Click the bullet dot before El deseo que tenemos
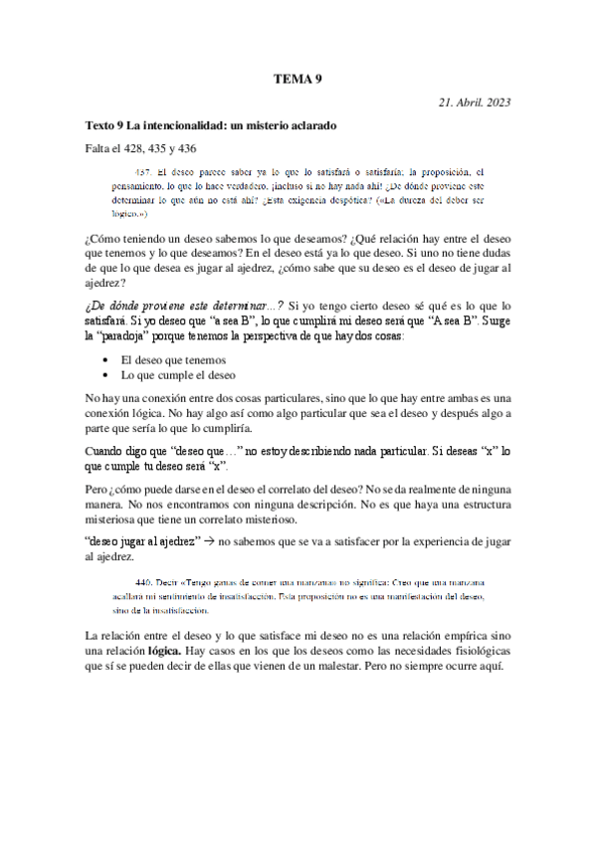(106, 360)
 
